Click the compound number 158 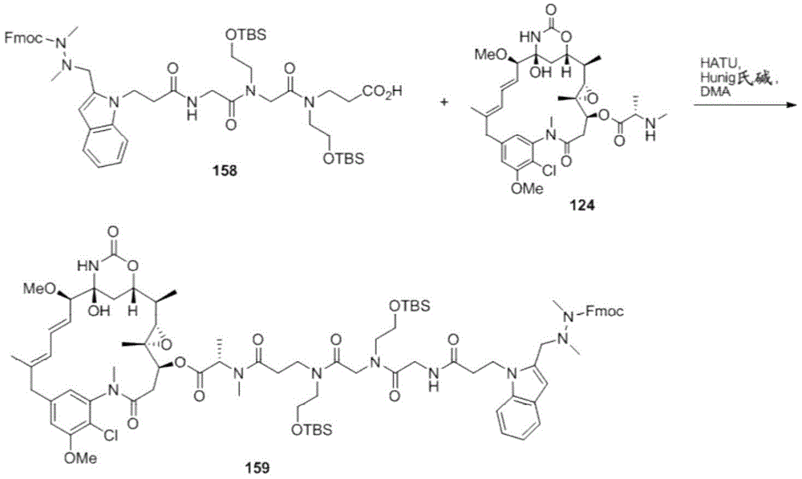pyautogui.click(x=225, y=170)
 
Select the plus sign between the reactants pyautogui.click(x=444, y=103)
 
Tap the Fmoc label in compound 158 pyautogui.click(x=23, y=38)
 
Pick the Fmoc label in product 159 pyautogui.click(x=605, y=311)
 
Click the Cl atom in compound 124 pyautogui.click(x=548, y=172)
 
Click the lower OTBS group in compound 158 pyautogui.click(x=344, y=159)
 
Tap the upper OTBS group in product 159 pyautogui.click(x=409, y=306)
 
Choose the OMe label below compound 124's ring pyautogui.click(x=528, y=189)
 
